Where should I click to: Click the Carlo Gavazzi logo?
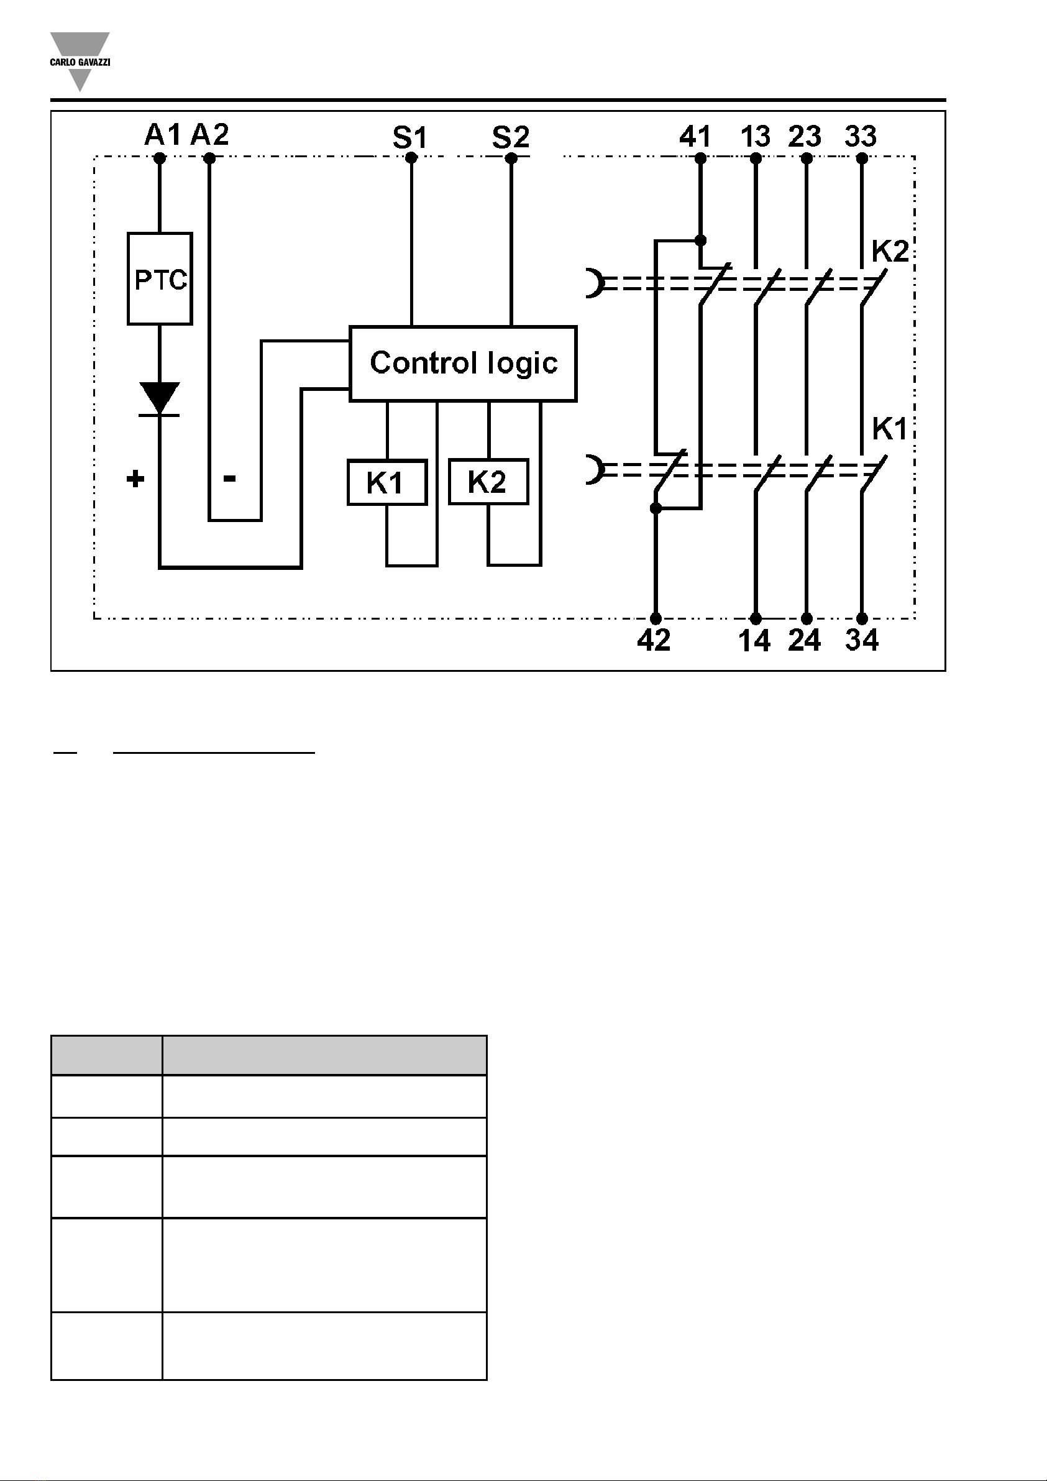click(80, 62)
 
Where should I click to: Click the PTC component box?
click(160, 278)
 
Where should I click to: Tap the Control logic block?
click(463, 364)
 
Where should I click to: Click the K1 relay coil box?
click(387, 482)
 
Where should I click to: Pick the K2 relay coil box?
click(488, 481)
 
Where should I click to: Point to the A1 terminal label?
click(163, 135)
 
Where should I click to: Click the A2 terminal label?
click(209, 135)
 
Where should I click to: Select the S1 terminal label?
click(410, 137)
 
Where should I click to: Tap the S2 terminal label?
click(511, 137)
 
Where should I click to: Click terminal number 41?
click(695, 137)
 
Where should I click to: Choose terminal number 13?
click(756, 137)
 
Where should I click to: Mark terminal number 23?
click(805, 137)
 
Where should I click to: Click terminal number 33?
click(861, 137)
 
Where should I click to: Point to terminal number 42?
click(654, 640)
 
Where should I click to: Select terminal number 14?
click(755, 641)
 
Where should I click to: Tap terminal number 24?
click(805, 640)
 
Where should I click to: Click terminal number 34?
click(862, 640)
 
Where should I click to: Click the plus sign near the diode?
click(135, 479)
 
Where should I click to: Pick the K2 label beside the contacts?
click(890, 251)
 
